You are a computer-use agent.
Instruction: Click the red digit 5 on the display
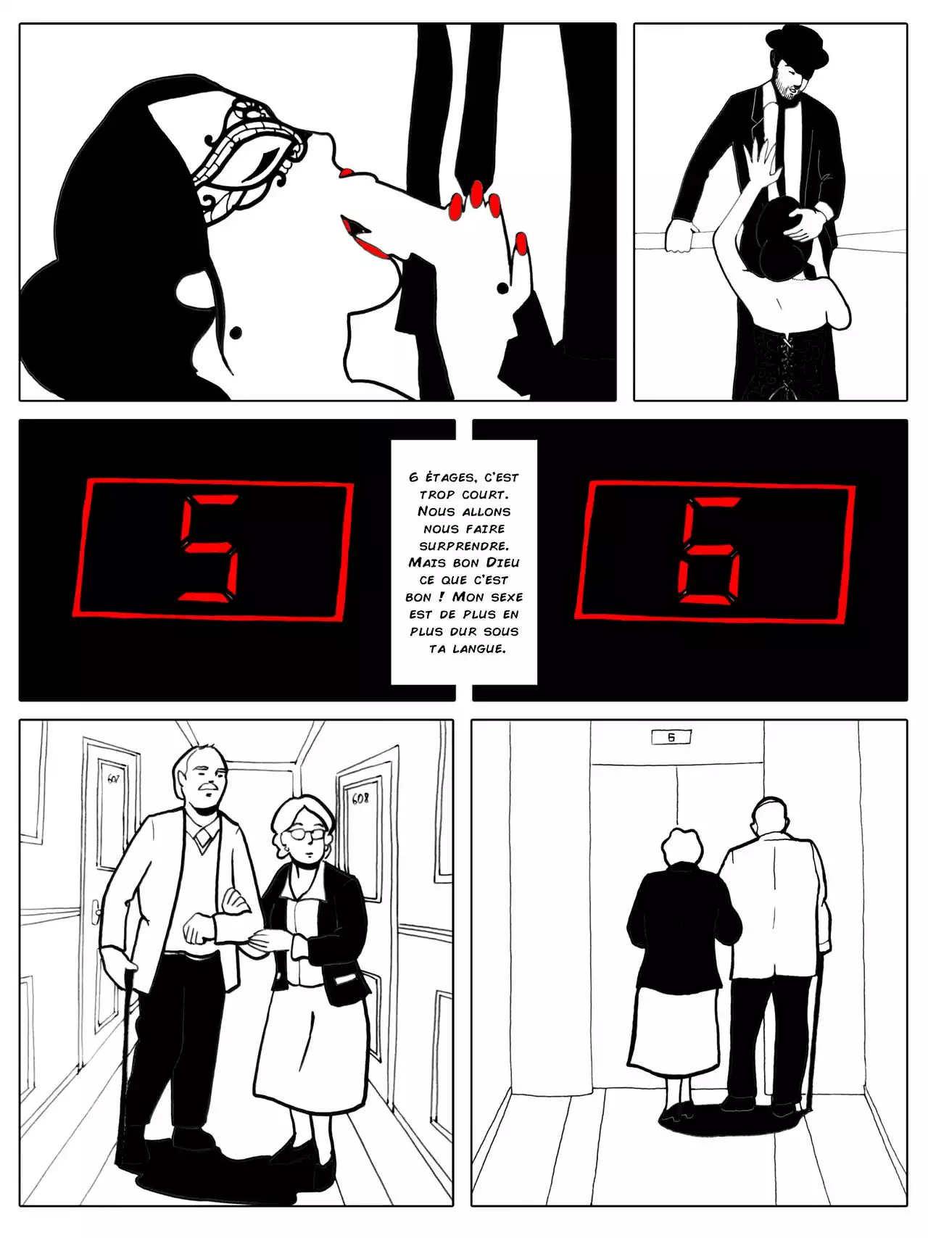[209, 548]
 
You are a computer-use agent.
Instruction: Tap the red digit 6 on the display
[709, 550]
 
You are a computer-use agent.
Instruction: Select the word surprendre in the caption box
[464, 545]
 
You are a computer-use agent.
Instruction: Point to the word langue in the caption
[478, 649]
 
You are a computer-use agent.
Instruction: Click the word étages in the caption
[450, 477]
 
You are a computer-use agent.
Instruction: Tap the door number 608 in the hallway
[360, 799]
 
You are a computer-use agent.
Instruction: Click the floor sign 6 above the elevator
[671, 737]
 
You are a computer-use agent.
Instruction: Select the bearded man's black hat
[797, 49]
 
